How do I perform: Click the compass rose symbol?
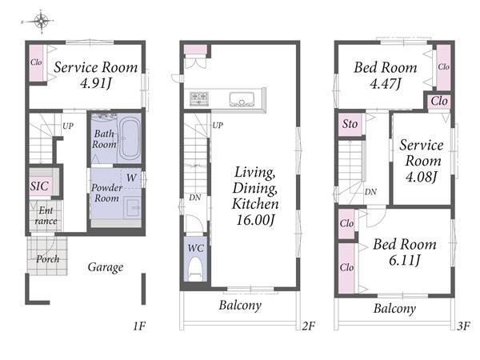tap(41, 22)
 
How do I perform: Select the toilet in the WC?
tap(196, 269)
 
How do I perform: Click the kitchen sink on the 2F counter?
tap(242, 99)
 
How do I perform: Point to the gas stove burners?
tap(199, 98)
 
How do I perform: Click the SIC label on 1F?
tap(39, 186)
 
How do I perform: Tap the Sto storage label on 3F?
tap(350, 124)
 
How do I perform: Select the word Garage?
tap(106, 267)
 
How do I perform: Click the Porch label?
tap(48, 259)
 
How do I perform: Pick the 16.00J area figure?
tap(254, 220)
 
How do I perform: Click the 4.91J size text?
tap(95, 83)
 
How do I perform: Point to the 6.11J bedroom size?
tap(404, 261)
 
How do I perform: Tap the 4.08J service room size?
tap(421, 177)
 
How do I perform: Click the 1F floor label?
tap(139, 326)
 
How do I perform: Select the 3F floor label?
tap(463, 326)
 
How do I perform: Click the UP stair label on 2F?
tap(218, 126)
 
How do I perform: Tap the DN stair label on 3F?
tap(370, 192)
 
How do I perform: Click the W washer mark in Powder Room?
tap(131, 178)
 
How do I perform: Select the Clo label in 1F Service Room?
tap(36, 62)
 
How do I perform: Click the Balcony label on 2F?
tap(240, 306)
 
